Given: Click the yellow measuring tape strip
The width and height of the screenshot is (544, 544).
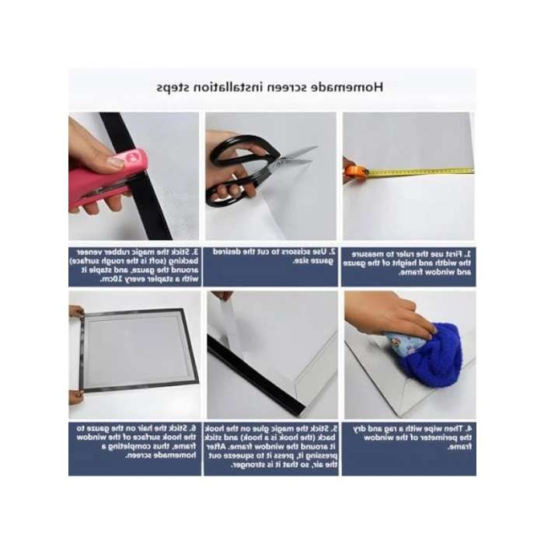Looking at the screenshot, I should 420,172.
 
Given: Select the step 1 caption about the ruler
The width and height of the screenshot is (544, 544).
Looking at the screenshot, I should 409,263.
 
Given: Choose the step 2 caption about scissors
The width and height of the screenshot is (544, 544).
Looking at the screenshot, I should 272,257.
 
